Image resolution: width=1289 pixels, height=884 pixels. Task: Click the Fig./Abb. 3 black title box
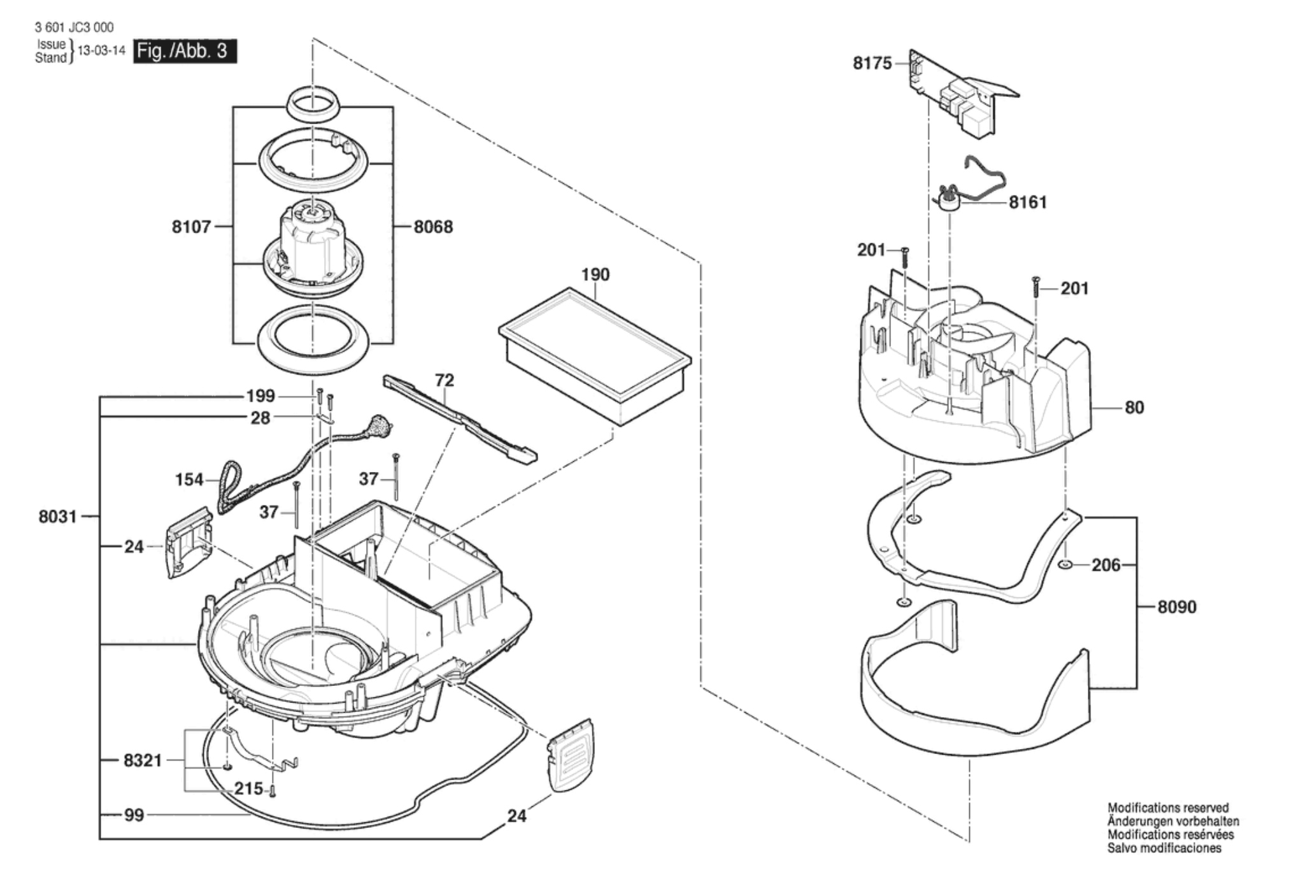[185, 51]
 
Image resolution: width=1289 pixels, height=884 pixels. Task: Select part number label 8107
[191, 227]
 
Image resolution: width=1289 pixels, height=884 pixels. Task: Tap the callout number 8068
[433, 227]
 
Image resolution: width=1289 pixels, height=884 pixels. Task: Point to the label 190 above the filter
[595, 274]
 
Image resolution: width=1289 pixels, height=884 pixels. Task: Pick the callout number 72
[445, 380]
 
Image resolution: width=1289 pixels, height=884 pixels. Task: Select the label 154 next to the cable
[189, 480]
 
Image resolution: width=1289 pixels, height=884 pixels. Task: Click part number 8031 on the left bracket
[58, 517]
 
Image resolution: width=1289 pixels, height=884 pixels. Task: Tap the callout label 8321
[143, 760]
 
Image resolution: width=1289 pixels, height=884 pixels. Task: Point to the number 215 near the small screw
[249, 789]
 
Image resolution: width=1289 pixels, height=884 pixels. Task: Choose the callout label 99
[134, 815]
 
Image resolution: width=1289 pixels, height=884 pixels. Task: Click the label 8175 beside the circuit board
[872, 64]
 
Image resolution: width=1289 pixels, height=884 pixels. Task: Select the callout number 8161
[1028, 203]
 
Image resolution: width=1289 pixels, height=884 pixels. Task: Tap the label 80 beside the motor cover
[1134, 408]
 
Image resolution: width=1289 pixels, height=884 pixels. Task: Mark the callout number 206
[1106, 566]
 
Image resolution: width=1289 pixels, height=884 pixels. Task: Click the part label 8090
[1177, 607]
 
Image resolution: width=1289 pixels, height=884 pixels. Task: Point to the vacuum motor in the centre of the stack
[313, 248]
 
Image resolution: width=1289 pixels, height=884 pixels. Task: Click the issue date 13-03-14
[101, 51]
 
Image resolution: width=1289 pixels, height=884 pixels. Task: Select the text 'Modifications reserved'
[1168, 808]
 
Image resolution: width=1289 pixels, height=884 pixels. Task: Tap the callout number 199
[260, 396]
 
